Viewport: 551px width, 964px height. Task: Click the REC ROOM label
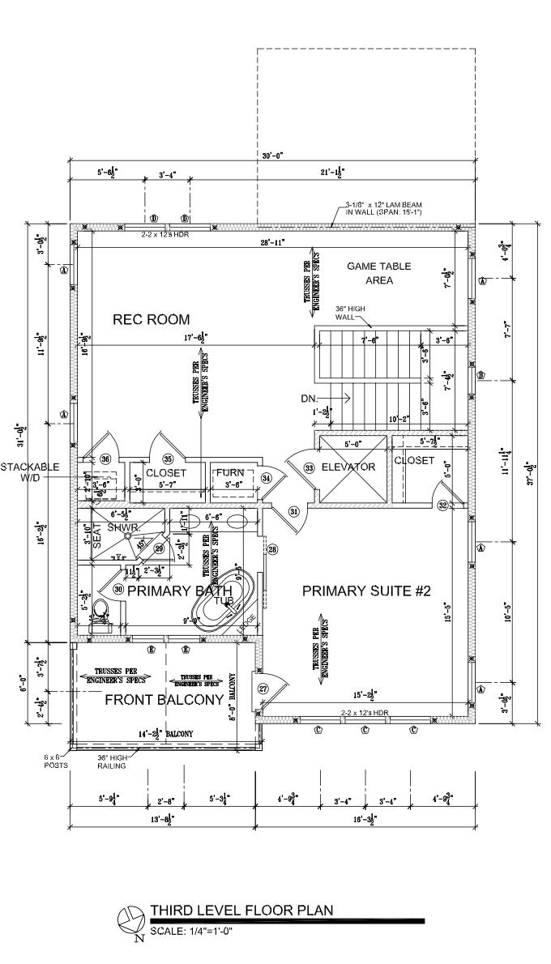152,319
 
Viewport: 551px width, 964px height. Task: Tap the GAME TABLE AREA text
378,274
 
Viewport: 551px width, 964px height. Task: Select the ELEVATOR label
348,467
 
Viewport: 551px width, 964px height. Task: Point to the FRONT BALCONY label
164,700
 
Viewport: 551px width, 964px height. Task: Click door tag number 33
309,468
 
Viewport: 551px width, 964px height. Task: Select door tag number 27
263,689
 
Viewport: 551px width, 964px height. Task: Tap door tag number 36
105,459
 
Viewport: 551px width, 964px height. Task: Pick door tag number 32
442,505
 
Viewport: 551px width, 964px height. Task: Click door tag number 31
294,511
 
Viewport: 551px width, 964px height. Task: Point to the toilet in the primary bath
100,612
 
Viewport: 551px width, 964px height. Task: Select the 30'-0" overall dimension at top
271,156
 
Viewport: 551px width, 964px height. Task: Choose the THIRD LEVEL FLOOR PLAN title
241,911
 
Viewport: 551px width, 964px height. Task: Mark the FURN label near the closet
229,473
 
